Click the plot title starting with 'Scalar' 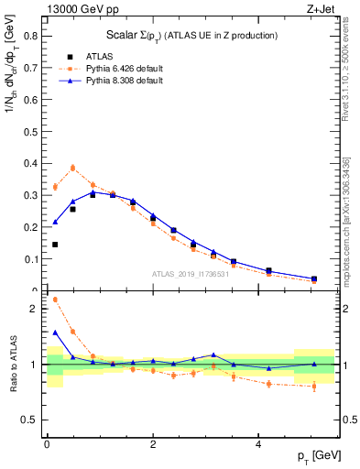click(191, 35)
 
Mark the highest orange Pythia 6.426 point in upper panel click(73, 168)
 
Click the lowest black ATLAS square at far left click(55, 245)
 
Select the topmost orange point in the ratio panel click(55, 300)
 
